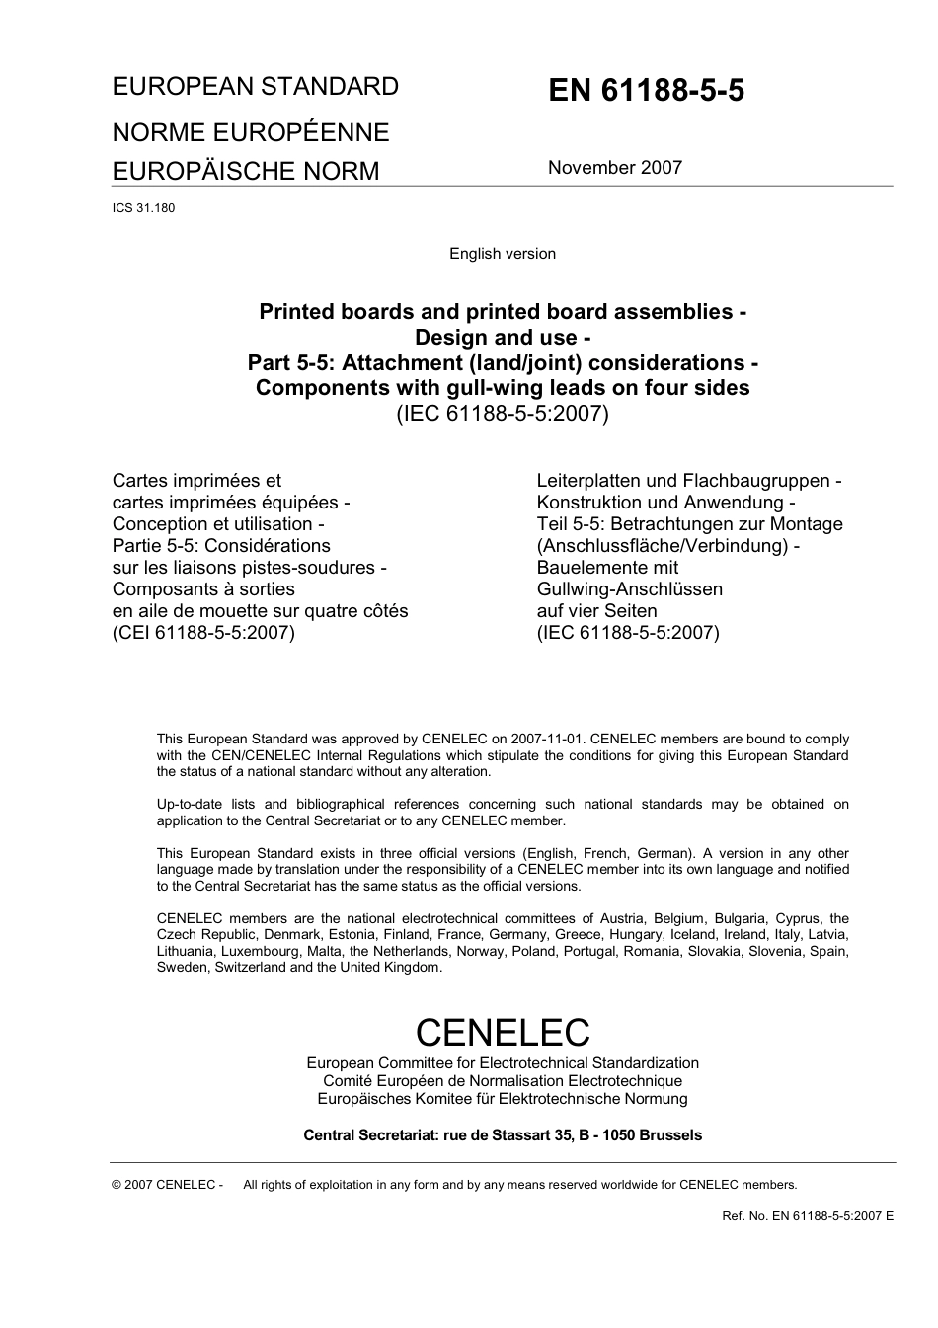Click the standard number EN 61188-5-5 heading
click(646, 91)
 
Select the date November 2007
click(614, 168)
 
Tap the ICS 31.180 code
click(143, 208)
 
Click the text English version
click(502, 254)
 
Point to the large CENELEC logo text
click(502, 1032)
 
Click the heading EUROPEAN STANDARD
click(255, 87)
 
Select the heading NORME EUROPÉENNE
click(250, 132)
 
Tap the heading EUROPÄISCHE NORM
click(245, 171)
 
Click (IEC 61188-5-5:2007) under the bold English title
click(502, 414)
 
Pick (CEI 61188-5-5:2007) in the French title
click(203, 633)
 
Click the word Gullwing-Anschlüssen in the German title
click(629, 589)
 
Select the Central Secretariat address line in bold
click(502, 1135)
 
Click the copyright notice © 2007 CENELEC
click(167, 1185)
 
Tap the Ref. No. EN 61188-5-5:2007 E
click(807, 1216)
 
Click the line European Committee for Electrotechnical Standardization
click(502, 1063)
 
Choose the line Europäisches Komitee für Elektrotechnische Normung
click(502, 1099)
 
